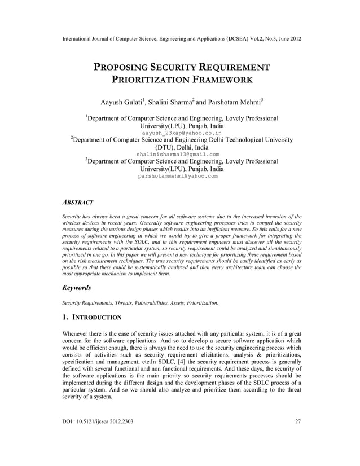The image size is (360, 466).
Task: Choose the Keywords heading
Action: tap(76, 288)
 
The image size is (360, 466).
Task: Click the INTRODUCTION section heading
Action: tap(96, 318)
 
